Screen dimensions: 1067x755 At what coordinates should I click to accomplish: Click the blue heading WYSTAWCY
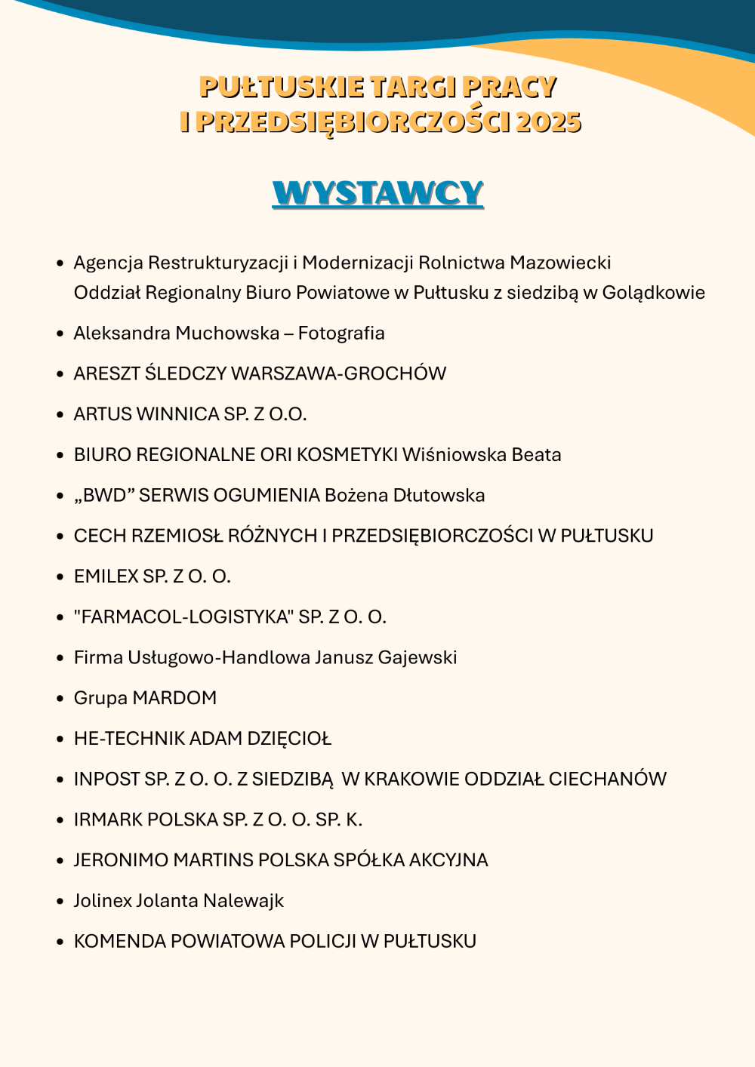point(377,193)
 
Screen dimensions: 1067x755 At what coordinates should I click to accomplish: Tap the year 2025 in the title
point(549,122)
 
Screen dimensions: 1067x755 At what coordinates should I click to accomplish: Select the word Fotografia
point(341,334)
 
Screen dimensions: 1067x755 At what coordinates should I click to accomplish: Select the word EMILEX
point(106,577)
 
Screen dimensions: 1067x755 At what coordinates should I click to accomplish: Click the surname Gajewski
point(418,658)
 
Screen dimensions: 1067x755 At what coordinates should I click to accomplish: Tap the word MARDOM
point(174,698)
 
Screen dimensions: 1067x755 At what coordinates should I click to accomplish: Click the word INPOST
point(107,779)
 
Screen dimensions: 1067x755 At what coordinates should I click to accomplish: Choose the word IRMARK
point(108,820)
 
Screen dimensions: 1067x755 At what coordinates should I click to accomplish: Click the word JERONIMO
point(121,860)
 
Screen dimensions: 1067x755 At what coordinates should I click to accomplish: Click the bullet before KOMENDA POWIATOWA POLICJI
point(60,942)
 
